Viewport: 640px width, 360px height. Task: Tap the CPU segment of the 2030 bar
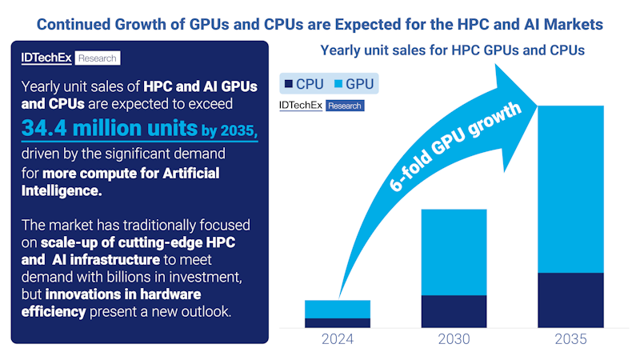pyautogui.click(x=454, y=311)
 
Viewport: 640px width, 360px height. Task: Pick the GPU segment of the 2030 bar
pyautogui.click(x=454, y=252)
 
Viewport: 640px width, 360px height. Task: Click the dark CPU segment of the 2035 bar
pyautogui.click(x=570, y=300)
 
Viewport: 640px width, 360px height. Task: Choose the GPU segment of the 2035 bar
pyautogui.click(x=570, y=189)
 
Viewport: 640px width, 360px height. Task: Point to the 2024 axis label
pyautogui.click(x=338, y=339)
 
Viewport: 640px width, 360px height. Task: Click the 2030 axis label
pyautogui.click(x=454, y=339)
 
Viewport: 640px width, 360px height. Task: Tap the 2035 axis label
pyautogui.click(x=570, y=339)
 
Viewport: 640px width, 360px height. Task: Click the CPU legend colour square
pyautogui.click(x=287, y=84)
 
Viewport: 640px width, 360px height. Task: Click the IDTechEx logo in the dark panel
pyautogui.click(x=70, y=58)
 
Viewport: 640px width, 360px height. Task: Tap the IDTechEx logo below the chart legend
pyautogui.click(x=320, y=105)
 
